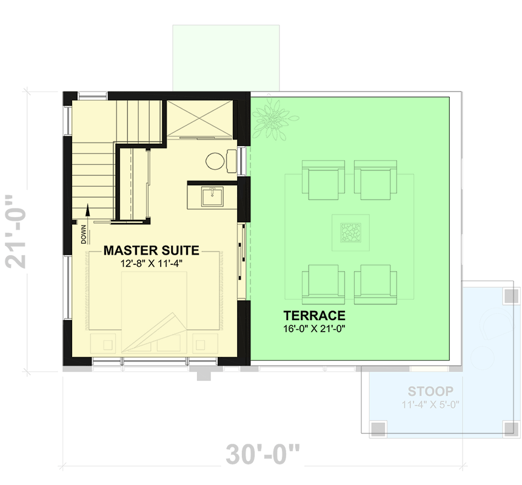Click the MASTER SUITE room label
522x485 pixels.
tap(151, 250)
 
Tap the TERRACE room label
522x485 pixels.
tap(314, 315)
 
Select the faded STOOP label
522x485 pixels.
tap(429, 391)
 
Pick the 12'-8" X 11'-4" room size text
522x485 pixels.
tap(152, 264)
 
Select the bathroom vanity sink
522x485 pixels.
tap(212, 195)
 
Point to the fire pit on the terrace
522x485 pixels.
tap(349, 233)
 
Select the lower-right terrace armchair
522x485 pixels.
tap(376, 283)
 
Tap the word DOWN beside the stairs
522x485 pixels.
tap(84, 233)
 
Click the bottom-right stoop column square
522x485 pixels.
tap(510, 428)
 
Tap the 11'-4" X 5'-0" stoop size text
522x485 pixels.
tap(429, 405)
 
